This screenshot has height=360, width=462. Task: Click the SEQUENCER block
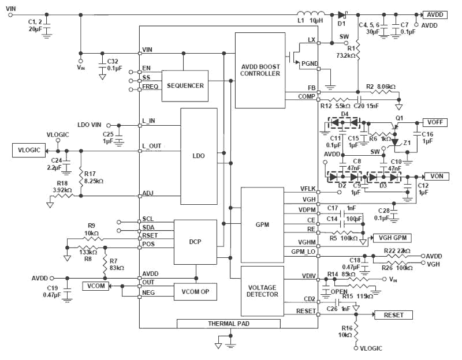(185, 85)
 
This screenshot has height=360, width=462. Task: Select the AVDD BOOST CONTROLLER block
(260, 70)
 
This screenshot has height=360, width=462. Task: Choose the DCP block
(195, 241)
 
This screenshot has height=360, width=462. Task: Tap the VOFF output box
(435, 122)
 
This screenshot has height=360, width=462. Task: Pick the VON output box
(437, 175)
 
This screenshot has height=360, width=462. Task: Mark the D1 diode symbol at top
(342, 14)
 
